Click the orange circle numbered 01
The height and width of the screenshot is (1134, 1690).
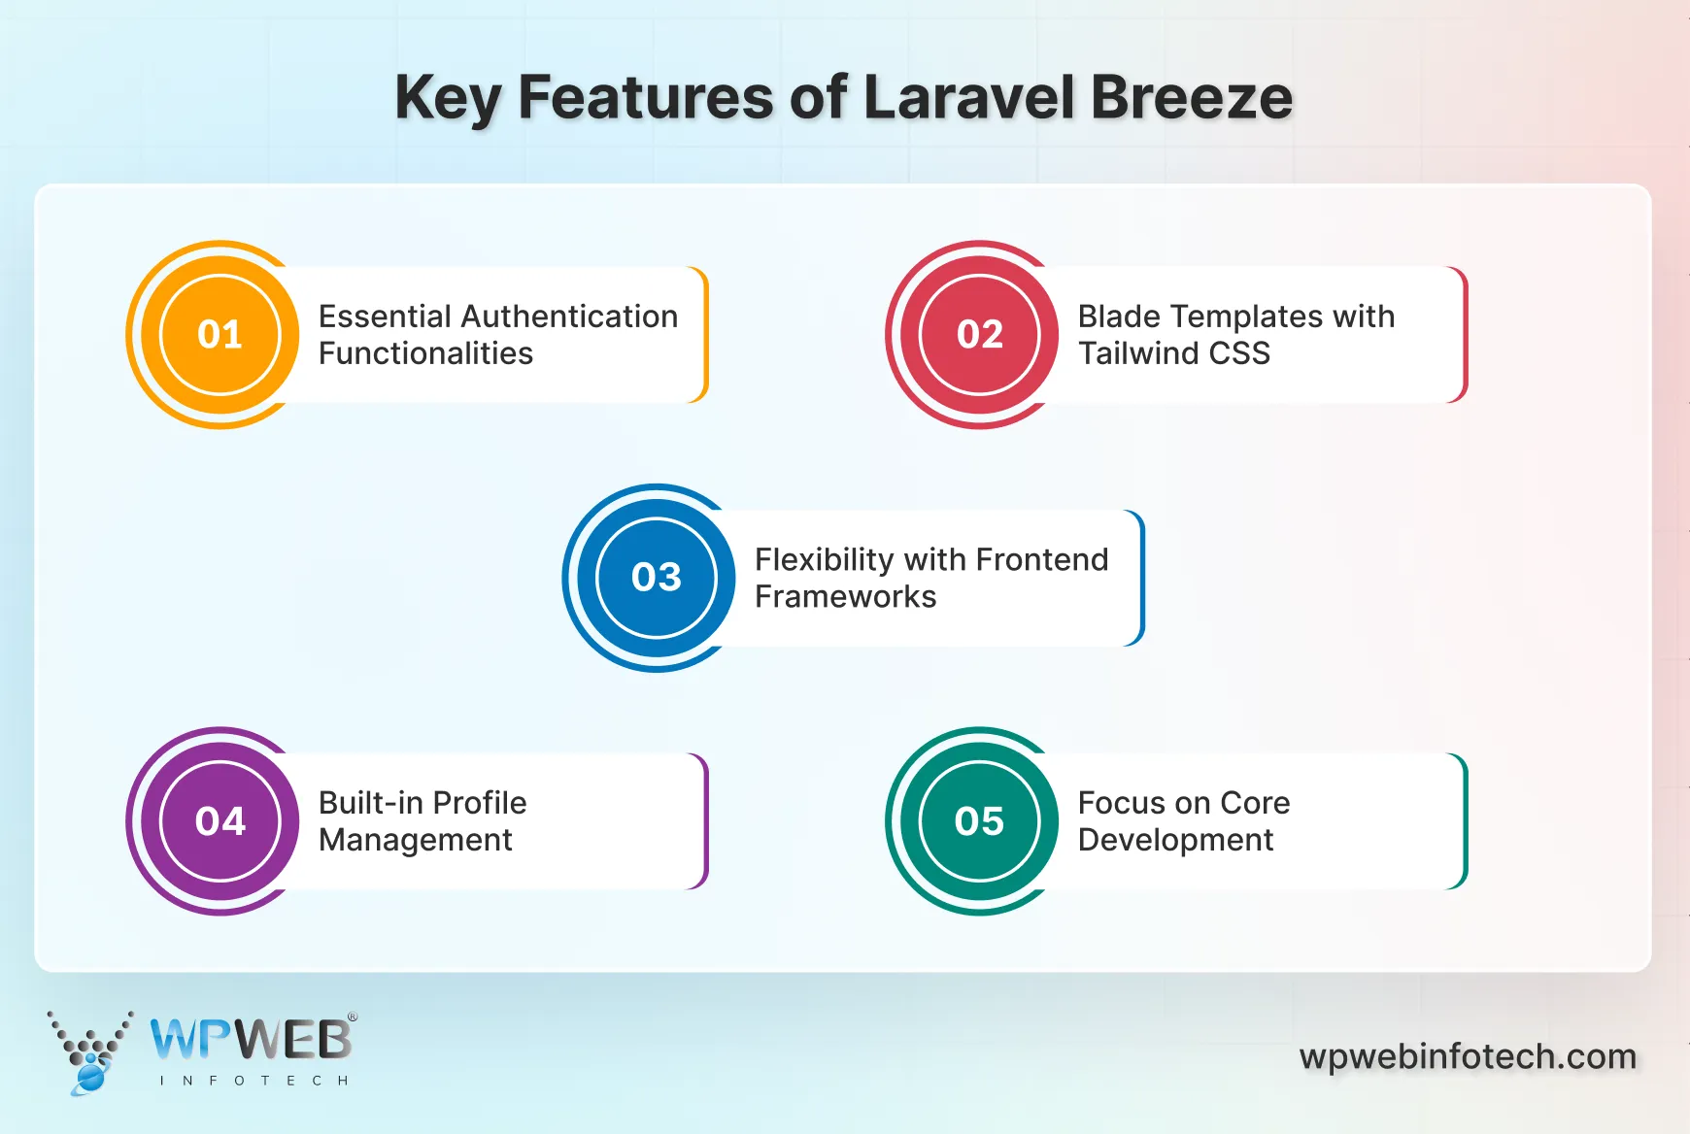220,335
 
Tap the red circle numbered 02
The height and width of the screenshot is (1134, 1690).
979,335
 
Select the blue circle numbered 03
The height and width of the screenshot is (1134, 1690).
657,578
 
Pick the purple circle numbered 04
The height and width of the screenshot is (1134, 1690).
220,821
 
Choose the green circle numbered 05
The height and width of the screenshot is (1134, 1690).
979,821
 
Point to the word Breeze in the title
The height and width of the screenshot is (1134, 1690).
1191,98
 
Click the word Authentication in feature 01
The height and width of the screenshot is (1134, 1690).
569,317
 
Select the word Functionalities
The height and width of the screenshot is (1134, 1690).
425,353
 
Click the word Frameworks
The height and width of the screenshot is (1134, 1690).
845,597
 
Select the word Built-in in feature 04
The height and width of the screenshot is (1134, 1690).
371,803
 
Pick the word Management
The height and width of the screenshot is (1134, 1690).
415,841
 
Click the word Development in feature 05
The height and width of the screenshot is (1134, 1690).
1175,841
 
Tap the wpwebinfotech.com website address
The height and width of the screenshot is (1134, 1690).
1468,1056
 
